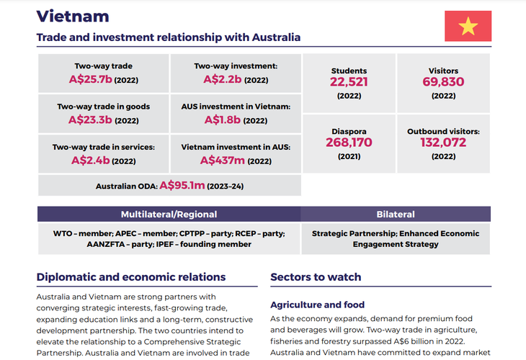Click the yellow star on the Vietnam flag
[x=468, y=27]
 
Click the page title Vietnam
[x=73, y=17]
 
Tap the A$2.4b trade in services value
[x=91, y=160]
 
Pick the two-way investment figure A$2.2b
[x=223, y=79]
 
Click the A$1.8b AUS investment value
[x=224, y=120]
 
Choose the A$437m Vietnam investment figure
[x=223, y=160]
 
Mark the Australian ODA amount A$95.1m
[x=182, y=186]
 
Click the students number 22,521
[x=349, y=82]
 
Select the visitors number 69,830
[x=443, y=82]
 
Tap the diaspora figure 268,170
[x=349, y=143]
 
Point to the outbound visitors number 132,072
[x=443, y=143]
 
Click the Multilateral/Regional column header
[x=169, y=214]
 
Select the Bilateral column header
[x=396, y=214]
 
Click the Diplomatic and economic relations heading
[x=131, y=277]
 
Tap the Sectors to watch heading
[x=316, y=277]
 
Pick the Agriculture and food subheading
[x=317, y=305]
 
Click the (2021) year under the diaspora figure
[x=349, y=156]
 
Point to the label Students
[x=349, y=71]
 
